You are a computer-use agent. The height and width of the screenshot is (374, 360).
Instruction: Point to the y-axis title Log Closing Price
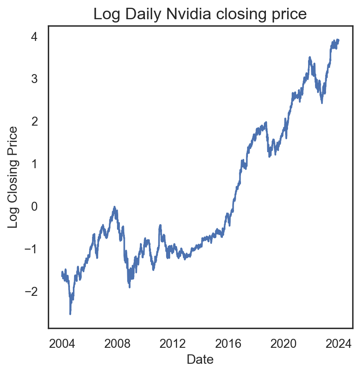point(13,177)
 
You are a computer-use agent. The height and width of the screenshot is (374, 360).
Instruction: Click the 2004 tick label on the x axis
point(62,343)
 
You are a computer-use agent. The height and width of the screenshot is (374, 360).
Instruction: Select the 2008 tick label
point(118,343)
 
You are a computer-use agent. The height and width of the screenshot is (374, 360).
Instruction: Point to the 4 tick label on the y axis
point(34,36)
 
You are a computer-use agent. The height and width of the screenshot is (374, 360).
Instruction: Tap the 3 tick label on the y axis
point(34,79)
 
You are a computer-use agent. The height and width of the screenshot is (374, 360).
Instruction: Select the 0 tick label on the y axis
point(34,206)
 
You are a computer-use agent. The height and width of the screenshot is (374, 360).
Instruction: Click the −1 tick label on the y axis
point(31,249)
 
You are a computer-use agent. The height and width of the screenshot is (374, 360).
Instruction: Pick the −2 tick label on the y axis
point(31,291)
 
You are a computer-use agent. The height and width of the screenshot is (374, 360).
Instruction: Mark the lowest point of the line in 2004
point(70,314)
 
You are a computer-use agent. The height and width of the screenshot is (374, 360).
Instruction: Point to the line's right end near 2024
point(338,40)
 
